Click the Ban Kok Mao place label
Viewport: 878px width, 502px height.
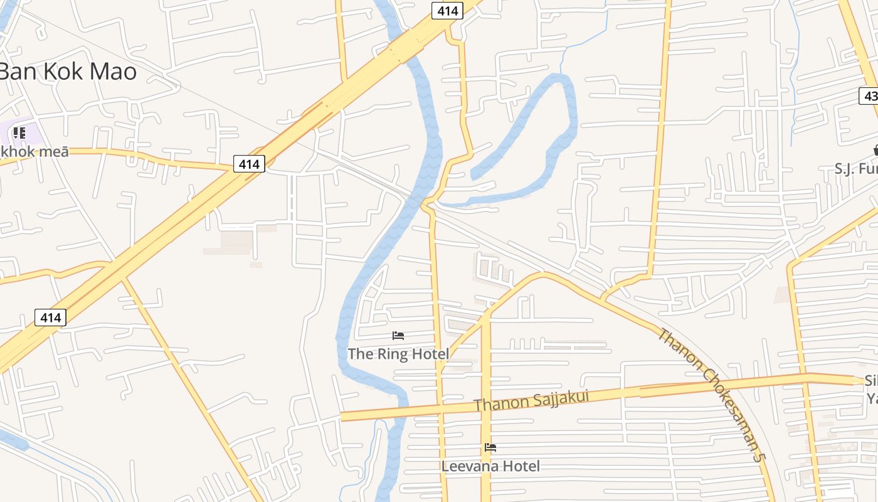pyautogui.click(x=68, y=72)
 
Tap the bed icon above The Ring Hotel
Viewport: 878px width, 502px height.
pyautogui.click(x=398, y=336)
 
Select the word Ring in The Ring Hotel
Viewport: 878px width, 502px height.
pyautogui.click(x=390, y=354)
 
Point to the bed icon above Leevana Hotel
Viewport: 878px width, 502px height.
pyautogui.click(x=490, y=447)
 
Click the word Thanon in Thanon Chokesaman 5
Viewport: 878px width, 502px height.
pyautogui.click(x=677, y=346)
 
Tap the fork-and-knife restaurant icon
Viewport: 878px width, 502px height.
pyautogui.click(x=19, y=132)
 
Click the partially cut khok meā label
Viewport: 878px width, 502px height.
pyautogui.click(x=34, y=151)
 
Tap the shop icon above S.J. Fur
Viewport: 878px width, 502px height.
pyautogui.click(x=875, y=150)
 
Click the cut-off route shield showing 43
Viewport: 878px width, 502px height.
pyautogui.click(x=869, y=96)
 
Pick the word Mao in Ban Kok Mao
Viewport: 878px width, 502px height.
pyautogui.click(x=113, y=72)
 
